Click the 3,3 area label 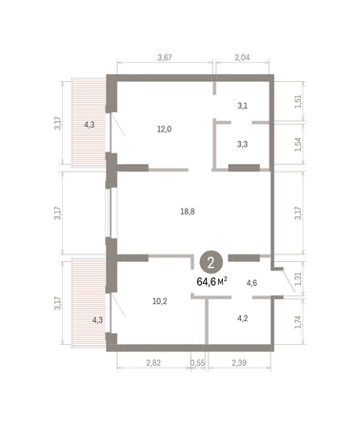[242, 146]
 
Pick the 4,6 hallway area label [251, 283]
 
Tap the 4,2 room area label [242, 319]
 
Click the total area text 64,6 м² [211, 281]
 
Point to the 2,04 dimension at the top [243, 59]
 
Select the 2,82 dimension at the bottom [153, 363]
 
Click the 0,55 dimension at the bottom [197, 363]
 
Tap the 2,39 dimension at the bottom [242, 363]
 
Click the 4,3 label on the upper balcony [90, 125]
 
